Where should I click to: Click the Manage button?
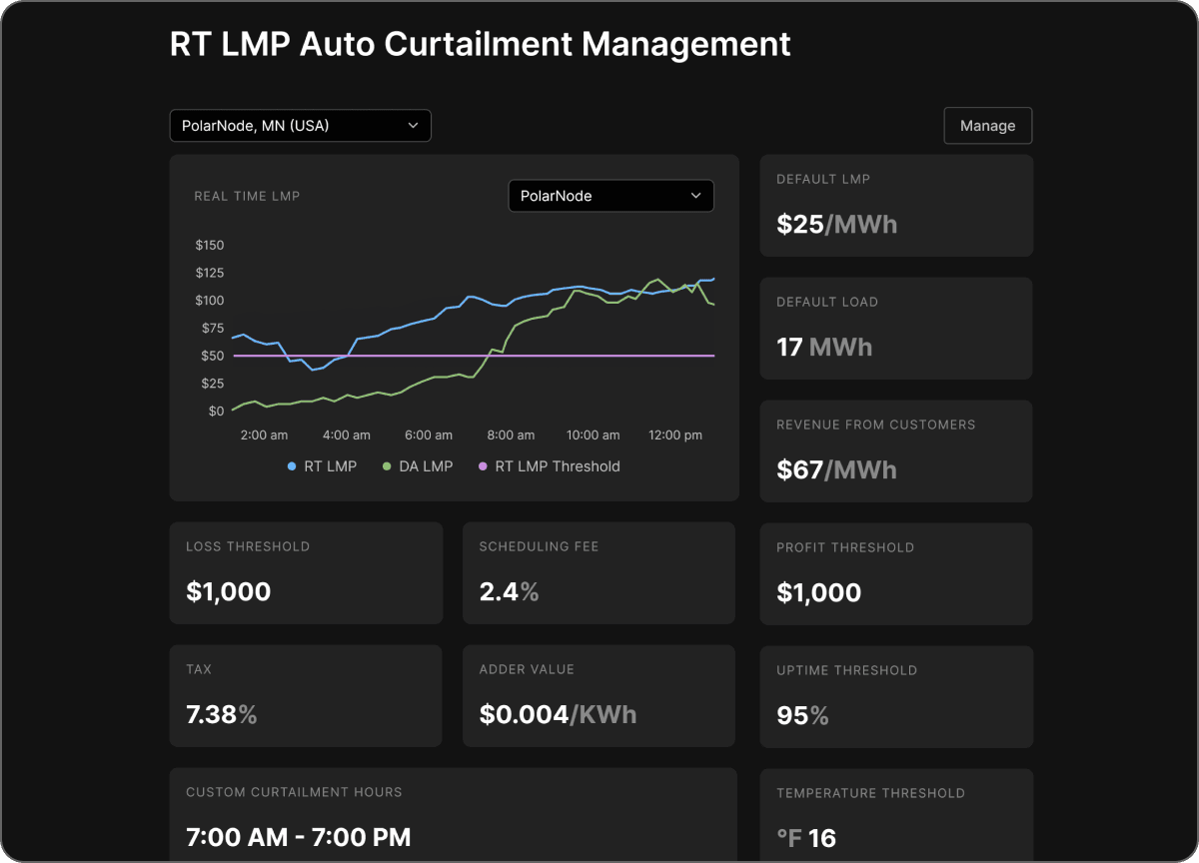click(x=987, y=126)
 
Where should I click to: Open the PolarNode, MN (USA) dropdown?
click(x=300, y=126)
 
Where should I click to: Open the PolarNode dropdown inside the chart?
click(x=610, y=196)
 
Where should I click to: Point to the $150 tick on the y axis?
click(x=209, y=246)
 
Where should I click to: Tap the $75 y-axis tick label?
click(x=213, y=329)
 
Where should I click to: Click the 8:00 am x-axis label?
click(x=511, y=435)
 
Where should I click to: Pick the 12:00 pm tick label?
click(x=675, y=435)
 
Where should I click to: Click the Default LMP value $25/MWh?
click(x=836, y=224)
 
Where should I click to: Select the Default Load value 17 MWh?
click(x=824, y=348)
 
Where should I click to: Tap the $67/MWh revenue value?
click(x=836, y=469)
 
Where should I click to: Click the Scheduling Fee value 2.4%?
click(x=509, y=591)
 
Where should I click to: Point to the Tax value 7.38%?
click(x=222, y=714)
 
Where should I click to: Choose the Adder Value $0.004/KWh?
click(x=558, y=714)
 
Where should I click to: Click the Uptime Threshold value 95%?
click(x=802, y=715)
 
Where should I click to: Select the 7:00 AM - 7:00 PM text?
click(x=298, y=837)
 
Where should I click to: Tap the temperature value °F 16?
click(x=806, y=838)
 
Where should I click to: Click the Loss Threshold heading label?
click(x=248, y=546)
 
